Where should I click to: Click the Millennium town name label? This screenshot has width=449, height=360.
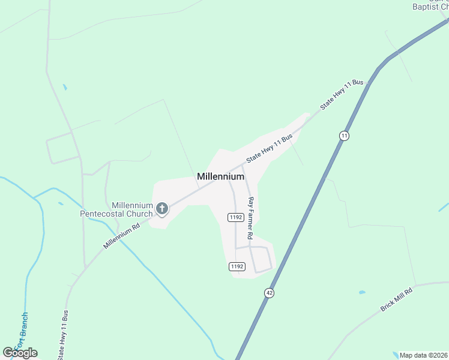220,176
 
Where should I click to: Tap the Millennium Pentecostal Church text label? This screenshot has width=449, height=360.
116,209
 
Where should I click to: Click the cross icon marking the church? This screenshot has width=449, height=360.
161,209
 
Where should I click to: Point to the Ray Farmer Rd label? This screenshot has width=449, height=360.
251,217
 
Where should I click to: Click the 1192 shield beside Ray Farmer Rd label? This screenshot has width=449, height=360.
235,217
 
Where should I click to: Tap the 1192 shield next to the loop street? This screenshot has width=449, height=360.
237,266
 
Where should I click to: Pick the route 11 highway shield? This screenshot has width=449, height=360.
343,136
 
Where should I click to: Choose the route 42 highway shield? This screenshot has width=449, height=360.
268,292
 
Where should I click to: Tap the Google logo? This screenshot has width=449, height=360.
20,353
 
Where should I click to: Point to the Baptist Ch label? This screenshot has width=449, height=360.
430,7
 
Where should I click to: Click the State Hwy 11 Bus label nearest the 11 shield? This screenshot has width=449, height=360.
342,94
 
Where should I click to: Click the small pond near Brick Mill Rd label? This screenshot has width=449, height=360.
362,292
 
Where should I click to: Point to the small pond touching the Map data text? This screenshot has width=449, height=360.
394,353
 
